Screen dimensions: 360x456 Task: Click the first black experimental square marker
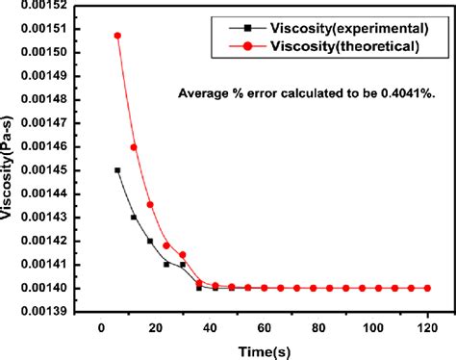tap(117, 170)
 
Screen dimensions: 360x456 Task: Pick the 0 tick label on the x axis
tap(101, 327)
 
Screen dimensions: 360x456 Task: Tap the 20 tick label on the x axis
tap(156, 327)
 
